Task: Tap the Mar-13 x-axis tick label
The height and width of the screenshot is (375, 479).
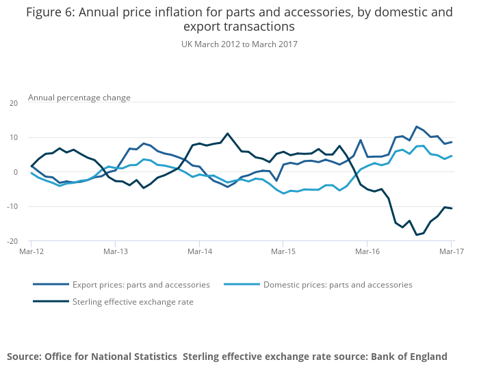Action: pos(115,252)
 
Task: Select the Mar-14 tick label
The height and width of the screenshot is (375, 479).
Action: pos(199,252)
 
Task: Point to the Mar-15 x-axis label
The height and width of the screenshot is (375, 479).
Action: pos(283,252)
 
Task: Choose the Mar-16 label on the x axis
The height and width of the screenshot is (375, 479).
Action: pos(367,252)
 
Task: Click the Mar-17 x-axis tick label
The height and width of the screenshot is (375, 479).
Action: pos(451,252)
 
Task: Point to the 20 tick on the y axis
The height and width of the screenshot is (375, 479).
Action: pos(13,103)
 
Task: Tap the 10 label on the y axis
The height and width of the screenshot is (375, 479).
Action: pos(13,138)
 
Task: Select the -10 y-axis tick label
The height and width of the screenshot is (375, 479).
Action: pos(12,206)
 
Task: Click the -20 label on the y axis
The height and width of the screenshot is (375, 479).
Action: pos(12,241)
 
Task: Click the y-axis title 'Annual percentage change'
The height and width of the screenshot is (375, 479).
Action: pos(79,98)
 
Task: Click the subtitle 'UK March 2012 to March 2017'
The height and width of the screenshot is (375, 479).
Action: pos(239,44)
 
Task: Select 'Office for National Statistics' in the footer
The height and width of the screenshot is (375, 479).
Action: pos(111,357)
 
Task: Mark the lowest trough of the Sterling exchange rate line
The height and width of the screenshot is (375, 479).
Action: pos(416,235)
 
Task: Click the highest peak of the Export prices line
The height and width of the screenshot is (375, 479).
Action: pos(416,126)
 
